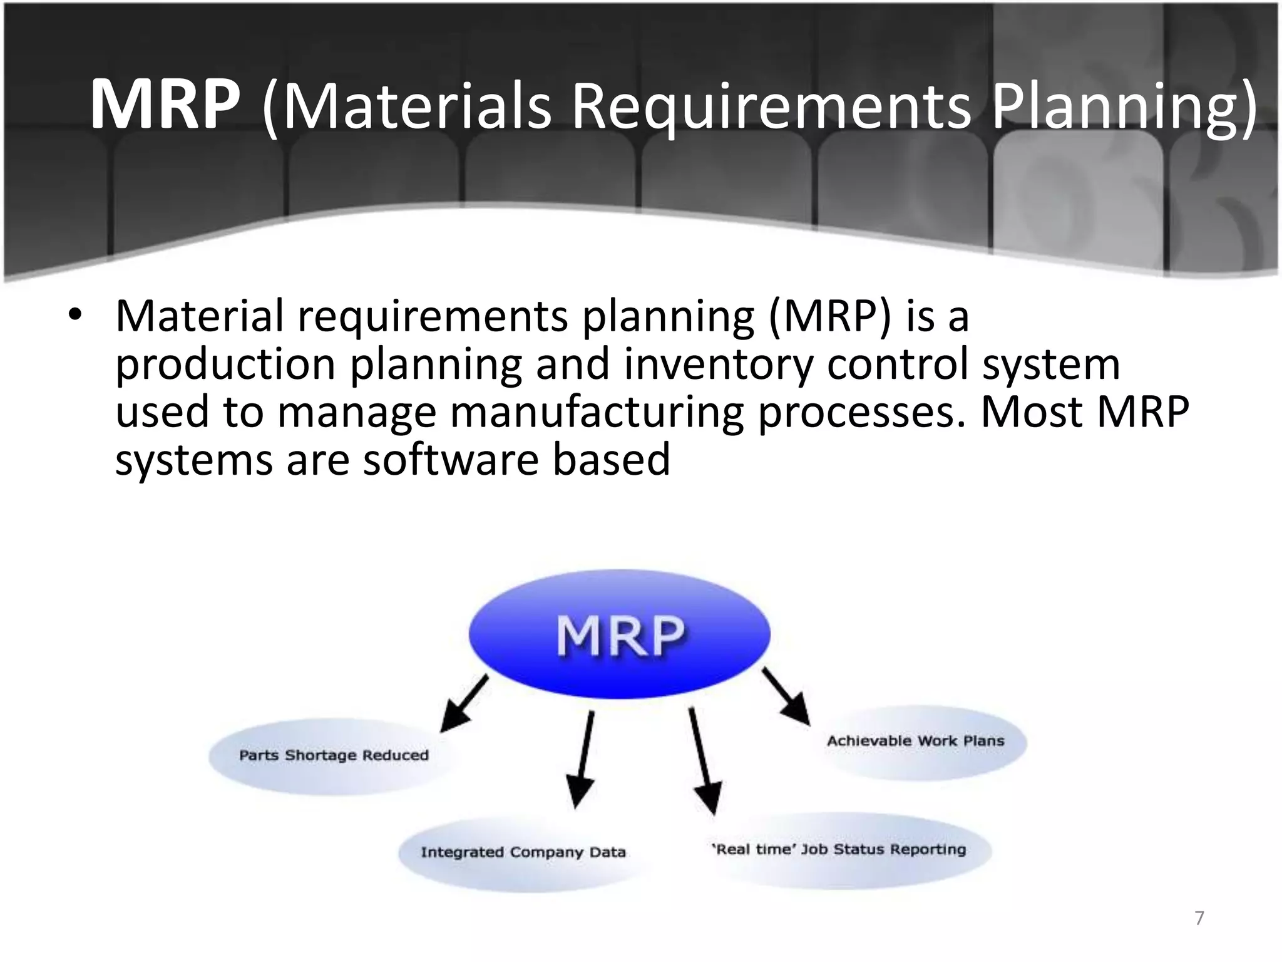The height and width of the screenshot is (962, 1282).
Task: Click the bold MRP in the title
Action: click(x=165, y=105)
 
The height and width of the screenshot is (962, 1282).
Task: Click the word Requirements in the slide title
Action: click(x=771, y=105)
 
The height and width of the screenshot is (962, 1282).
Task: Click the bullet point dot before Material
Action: click(x=75, y=316)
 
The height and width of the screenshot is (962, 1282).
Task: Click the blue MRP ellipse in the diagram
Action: click(x=619, y=634)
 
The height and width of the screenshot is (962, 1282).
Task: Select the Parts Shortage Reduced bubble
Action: click(x=333, y=755)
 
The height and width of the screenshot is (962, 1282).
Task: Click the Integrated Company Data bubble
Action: click(x=523, y=852)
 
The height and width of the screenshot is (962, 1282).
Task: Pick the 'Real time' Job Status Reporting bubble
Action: click(x=839, y=850)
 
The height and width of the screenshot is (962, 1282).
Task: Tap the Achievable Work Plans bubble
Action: click(x=915, y=742)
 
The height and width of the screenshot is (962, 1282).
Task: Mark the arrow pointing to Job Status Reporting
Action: click(x=704, y=761)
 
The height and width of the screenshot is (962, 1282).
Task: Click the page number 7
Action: click(x=1199, y=918)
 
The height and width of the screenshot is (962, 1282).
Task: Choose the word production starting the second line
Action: click(x=225, y=365)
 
